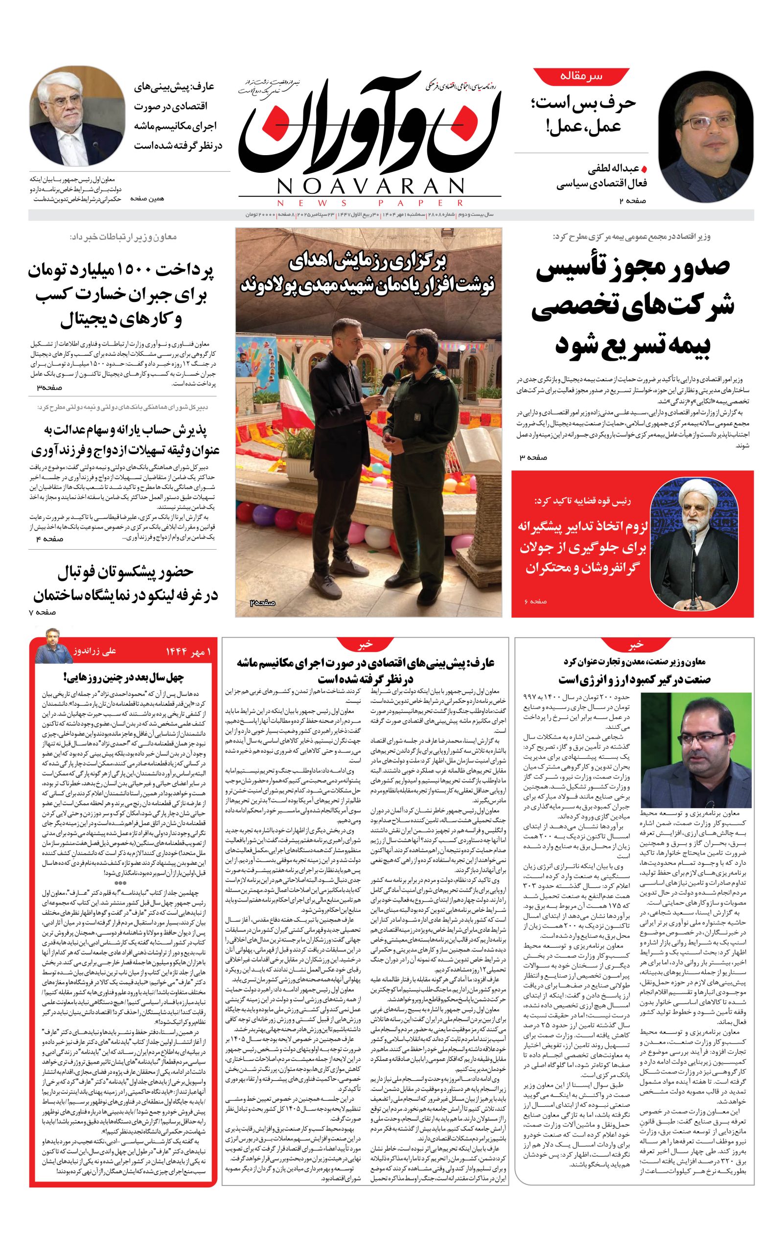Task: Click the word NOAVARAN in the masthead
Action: (370, 186)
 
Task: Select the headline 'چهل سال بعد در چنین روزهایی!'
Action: (123, 677)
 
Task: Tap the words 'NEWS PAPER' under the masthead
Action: (370, 203)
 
